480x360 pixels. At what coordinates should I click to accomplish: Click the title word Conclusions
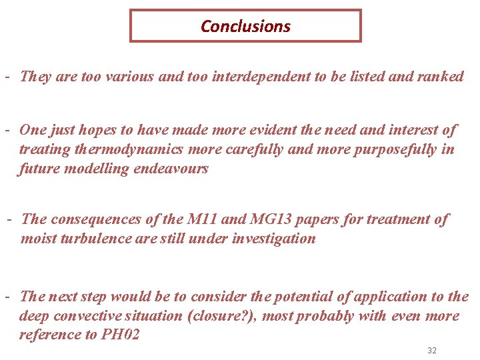coord(245,27)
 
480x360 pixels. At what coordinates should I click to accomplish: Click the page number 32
coord(431,351)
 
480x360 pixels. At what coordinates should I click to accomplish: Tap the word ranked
coord(440,77)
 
